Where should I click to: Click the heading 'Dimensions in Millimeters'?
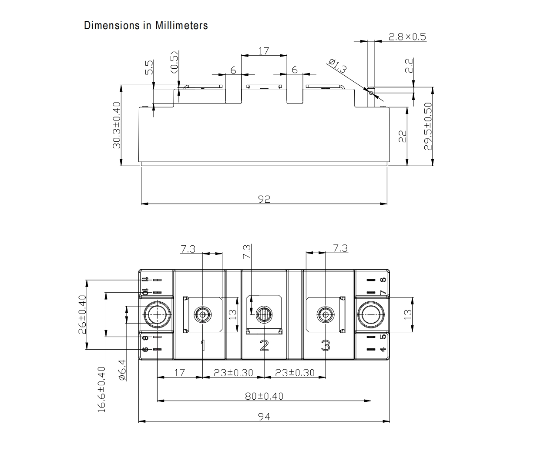[146, 26]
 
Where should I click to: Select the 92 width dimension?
[264, 199]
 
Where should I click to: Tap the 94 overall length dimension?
[264, 416]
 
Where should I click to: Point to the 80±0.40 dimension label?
[264, 396]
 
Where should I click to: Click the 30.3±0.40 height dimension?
[117, 126]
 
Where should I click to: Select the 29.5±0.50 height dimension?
[428, 126]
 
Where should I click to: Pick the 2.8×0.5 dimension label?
[407, 37]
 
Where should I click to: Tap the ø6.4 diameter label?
[122, 370]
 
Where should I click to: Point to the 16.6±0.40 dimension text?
[101, 389]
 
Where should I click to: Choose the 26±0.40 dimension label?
[82, 314]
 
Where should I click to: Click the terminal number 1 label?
[202, 346]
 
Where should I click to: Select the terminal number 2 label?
[264, 346]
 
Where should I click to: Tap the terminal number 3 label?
[325, 346]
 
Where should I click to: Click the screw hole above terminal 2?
[264, 314]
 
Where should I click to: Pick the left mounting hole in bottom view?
[156, 314]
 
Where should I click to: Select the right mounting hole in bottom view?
[371, 314]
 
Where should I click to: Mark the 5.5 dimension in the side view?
[149, 67]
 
